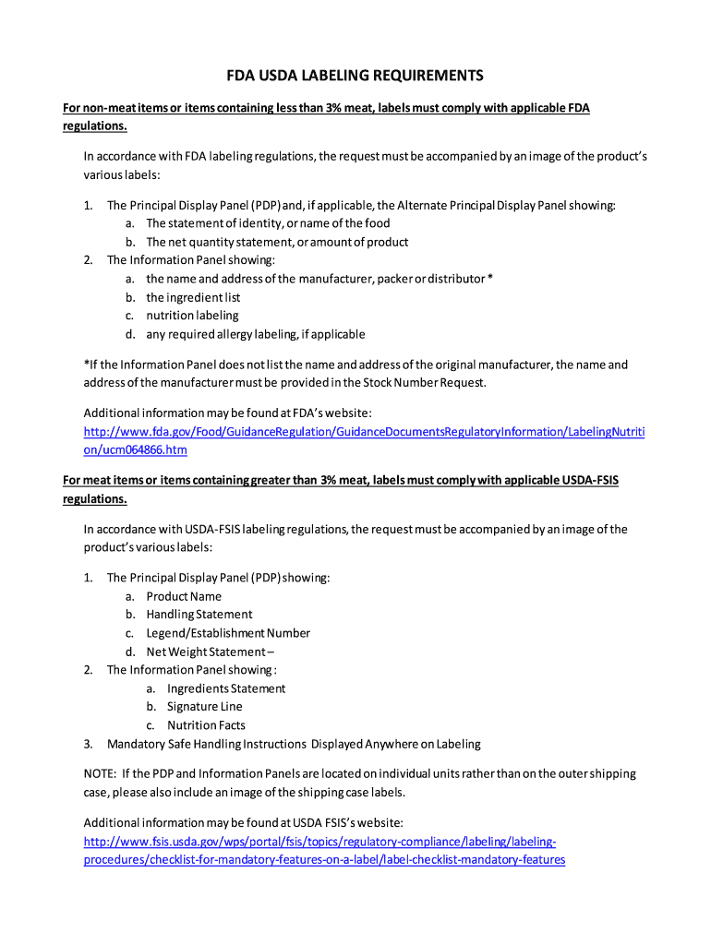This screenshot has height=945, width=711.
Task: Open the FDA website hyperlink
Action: tap(364, 432)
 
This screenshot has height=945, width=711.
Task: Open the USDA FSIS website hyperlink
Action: tap(319, 842)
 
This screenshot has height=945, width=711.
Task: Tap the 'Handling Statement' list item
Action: tap(199, 615)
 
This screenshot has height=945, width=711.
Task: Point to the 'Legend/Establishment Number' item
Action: tap(227, 633)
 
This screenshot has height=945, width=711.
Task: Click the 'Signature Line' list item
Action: tap(204, 707)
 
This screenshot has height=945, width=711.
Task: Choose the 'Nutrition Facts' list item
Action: tap(206, 725)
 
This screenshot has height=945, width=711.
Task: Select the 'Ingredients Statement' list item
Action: tap(226, 688)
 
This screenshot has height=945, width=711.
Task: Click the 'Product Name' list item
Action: tap(184, 596)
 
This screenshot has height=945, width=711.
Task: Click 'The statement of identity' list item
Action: tap(268, 223)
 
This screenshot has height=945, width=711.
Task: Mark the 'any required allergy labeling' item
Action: tap(255, 334)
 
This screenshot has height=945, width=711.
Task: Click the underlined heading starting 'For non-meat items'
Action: tap(326, 109)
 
